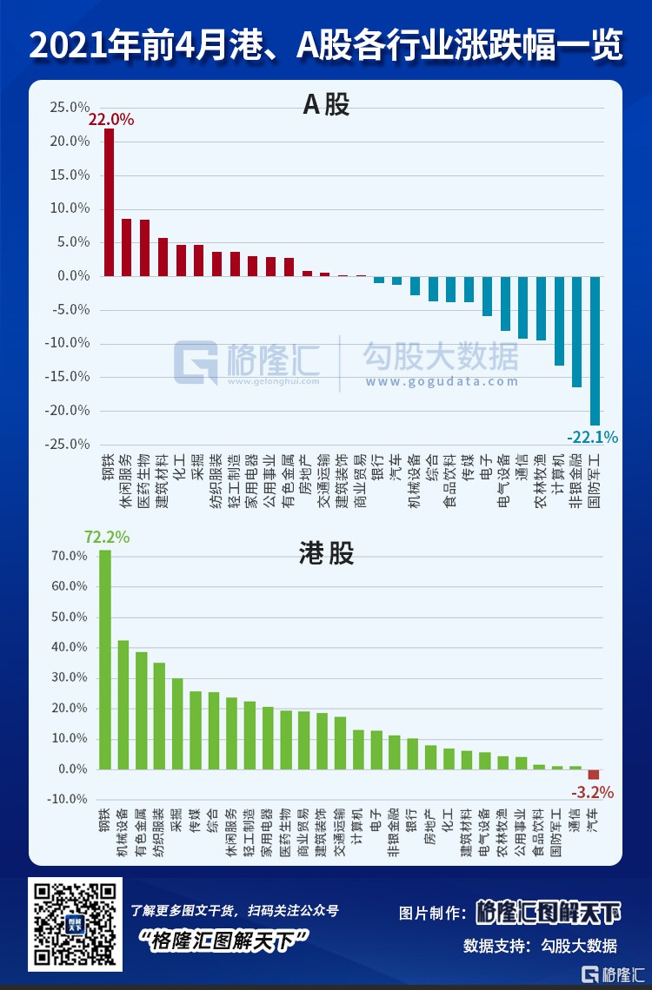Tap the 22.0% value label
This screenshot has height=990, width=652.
click(x=111, y=121)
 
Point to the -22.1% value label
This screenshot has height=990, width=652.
click(x=592, y=437)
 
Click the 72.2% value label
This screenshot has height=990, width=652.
click(x=106, y=538)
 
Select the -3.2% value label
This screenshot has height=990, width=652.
click(x=592, y=792)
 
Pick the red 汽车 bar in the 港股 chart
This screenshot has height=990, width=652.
click(x=594, y=775)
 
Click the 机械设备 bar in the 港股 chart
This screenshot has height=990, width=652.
click(x=123, y=704)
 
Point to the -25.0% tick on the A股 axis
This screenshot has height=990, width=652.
click(x=70, y=444)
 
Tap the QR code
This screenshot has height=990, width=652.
click(x=74, y=926)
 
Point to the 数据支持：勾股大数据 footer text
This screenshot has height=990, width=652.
click(x=540, y=946)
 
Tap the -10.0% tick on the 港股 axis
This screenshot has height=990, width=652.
click(x=70, y=799)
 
